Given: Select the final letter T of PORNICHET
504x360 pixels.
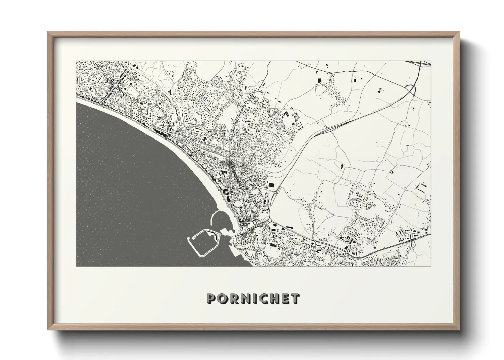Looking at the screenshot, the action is tap(295, 298).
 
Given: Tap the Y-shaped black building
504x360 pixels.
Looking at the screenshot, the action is tap(170, 92).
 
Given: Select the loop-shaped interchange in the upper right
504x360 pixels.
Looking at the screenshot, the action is tap(411, 91).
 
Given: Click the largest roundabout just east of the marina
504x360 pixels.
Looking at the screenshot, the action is tap(270, 222).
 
